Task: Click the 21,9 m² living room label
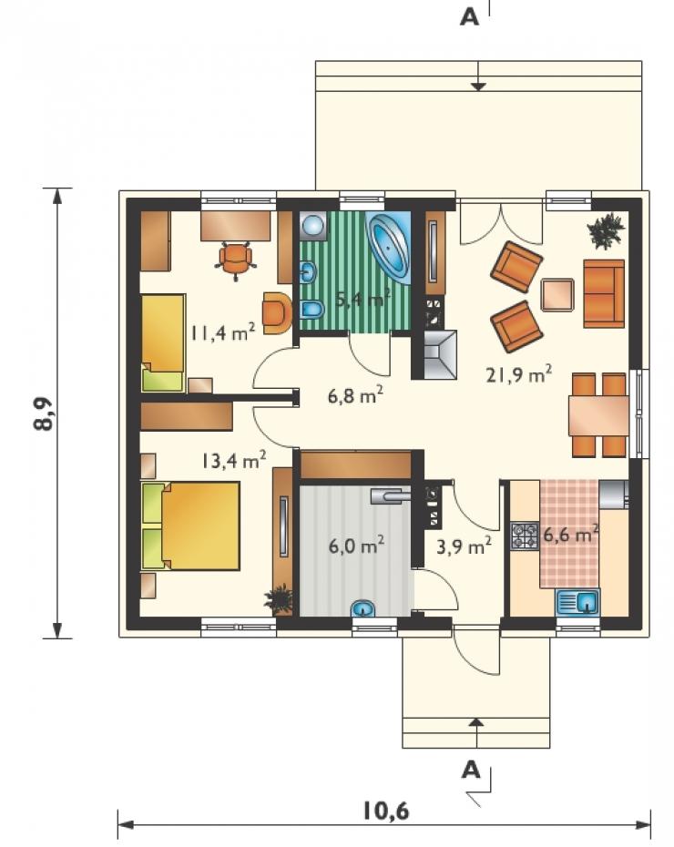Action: (x=518, y=374)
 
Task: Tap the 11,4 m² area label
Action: (x=221, y=332)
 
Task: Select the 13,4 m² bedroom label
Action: (x=234, y=461)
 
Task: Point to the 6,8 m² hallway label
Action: (x=355, y=395)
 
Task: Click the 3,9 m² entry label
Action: (x=464, y=546)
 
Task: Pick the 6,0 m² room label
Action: (x=356, y=546)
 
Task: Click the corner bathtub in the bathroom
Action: (x=388, y=246)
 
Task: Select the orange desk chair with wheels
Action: (x=236, y=260)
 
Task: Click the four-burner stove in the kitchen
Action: (x=525, y=536)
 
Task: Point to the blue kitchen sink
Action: (x=577, y=601)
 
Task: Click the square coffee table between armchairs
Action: (x=557, y=294)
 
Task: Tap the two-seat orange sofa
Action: (x=604, y=293)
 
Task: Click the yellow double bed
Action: (x=190, y=526)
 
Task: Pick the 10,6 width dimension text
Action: (x=385, y=811)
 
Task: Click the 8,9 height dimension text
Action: (x=44, y=413)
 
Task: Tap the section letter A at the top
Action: (x=469, y=17)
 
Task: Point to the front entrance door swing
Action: (x=475, y=651)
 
